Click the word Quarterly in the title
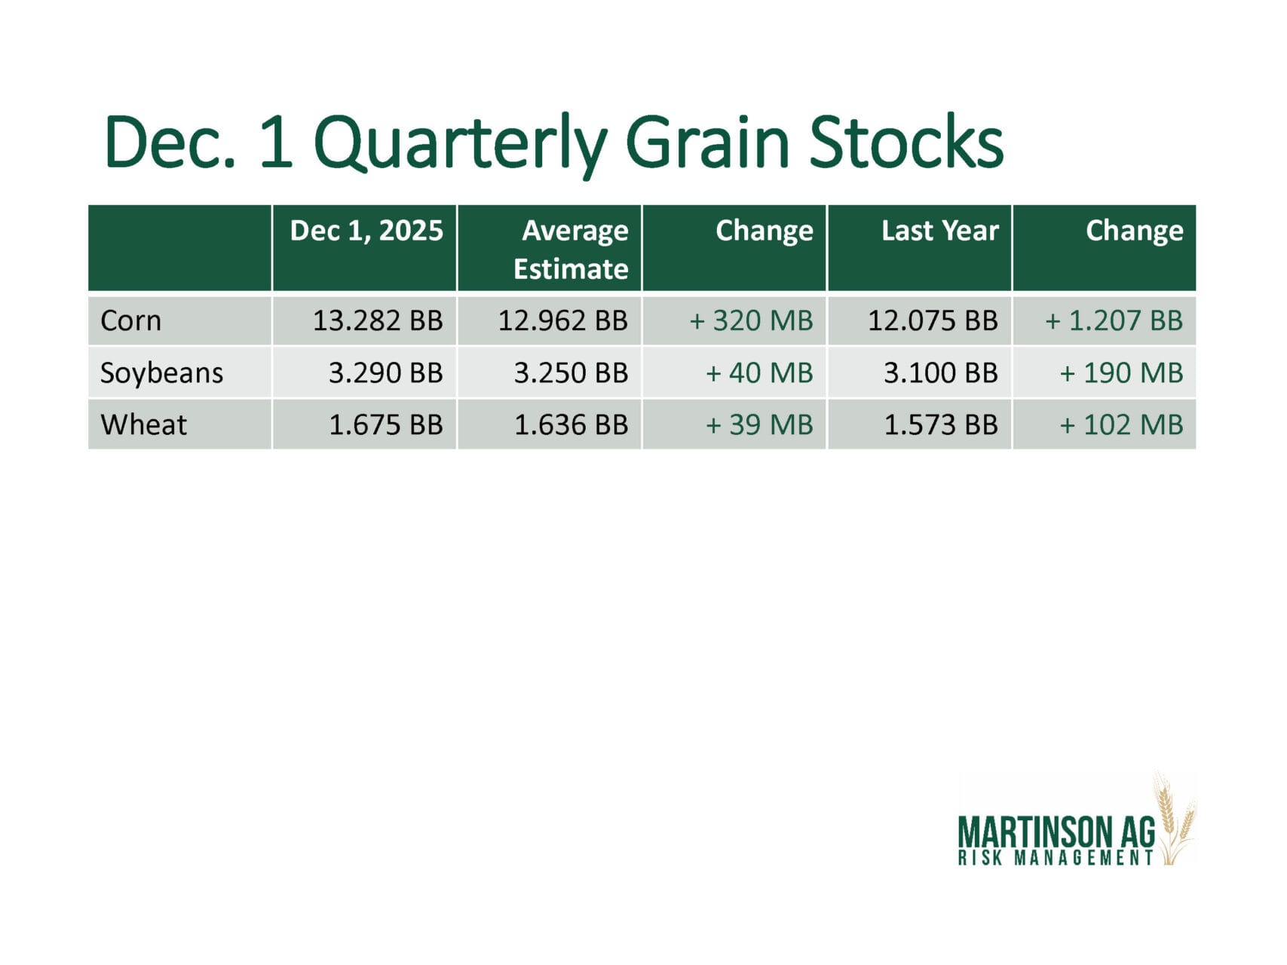[461, 143]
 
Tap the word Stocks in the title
[906, 142]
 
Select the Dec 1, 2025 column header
[366, 231]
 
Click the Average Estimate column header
[571, 250]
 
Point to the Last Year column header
[940, 231]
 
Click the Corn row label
[131, 320]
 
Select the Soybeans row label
[162, 373]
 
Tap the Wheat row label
[143, 424]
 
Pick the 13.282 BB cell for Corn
[378, 320]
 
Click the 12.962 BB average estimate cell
[563, 320]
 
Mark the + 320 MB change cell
[752, 320]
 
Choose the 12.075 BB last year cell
[933, 320]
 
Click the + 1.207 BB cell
[1114, 320]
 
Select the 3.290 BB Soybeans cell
[386, 372]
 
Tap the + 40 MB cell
[759, 372]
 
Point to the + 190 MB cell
[1122, 372]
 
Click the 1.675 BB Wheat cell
[386, 424]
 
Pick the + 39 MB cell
[759, 424]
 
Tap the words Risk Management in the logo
[1056, 858]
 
